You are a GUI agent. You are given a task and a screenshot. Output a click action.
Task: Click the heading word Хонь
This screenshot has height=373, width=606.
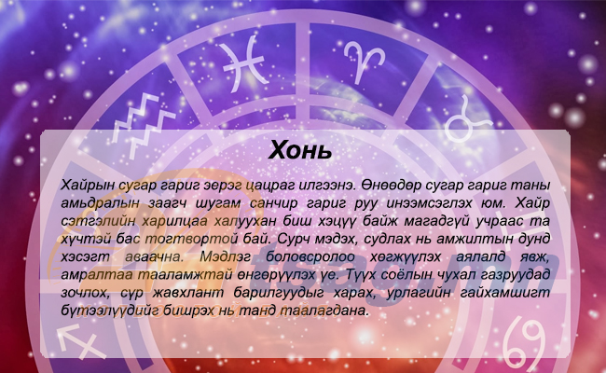coord(300,150)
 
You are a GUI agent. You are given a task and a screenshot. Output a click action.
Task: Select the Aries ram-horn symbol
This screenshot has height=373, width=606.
coord(364,61)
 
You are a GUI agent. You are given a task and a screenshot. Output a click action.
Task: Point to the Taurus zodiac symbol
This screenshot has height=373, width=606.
coord(468,119)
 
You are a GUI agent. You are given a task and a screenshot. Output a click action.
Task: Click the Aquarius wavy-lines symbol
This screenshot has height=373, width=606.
coord(144,125)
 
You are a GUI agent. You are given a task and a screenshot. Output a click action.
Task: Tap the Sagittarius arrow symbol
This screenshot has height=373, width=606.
coord(81,341)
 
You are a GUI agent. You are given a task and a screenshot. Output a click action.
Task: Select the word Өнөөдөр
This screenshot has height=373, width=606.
coord(392,186)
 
